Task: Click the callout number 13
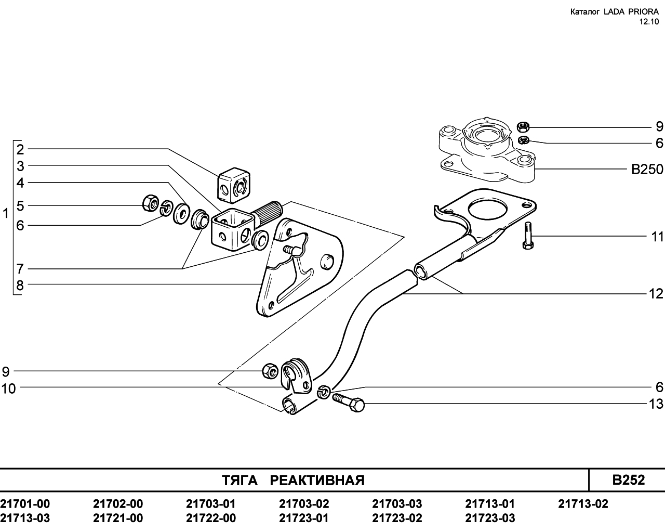tap(656, 404)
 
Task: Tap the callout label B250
tap(647, 169)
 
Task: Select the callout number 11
tap(657, 237)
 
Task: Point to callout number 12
tap(656, 294)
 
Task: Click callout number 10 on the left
tap(9, 389)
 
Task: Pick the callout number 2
tap(20, 149)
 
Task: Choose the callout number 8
tap(20, 286)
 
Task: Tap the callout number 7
tap(20, 269)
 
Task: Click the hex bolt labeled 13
tap(349, 402)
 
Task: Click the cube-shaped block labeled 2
tap(234, 185)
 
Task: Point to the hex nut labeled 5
tap(151, 203)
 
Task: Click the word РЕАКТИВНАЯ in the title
tap(317, 481)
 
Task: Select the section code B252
tap(629, 480)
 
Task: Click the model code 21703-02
tap(304, 504)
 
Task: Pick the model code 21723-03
tap(490, 518)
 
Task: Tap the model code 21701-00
tap(25, 504)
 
